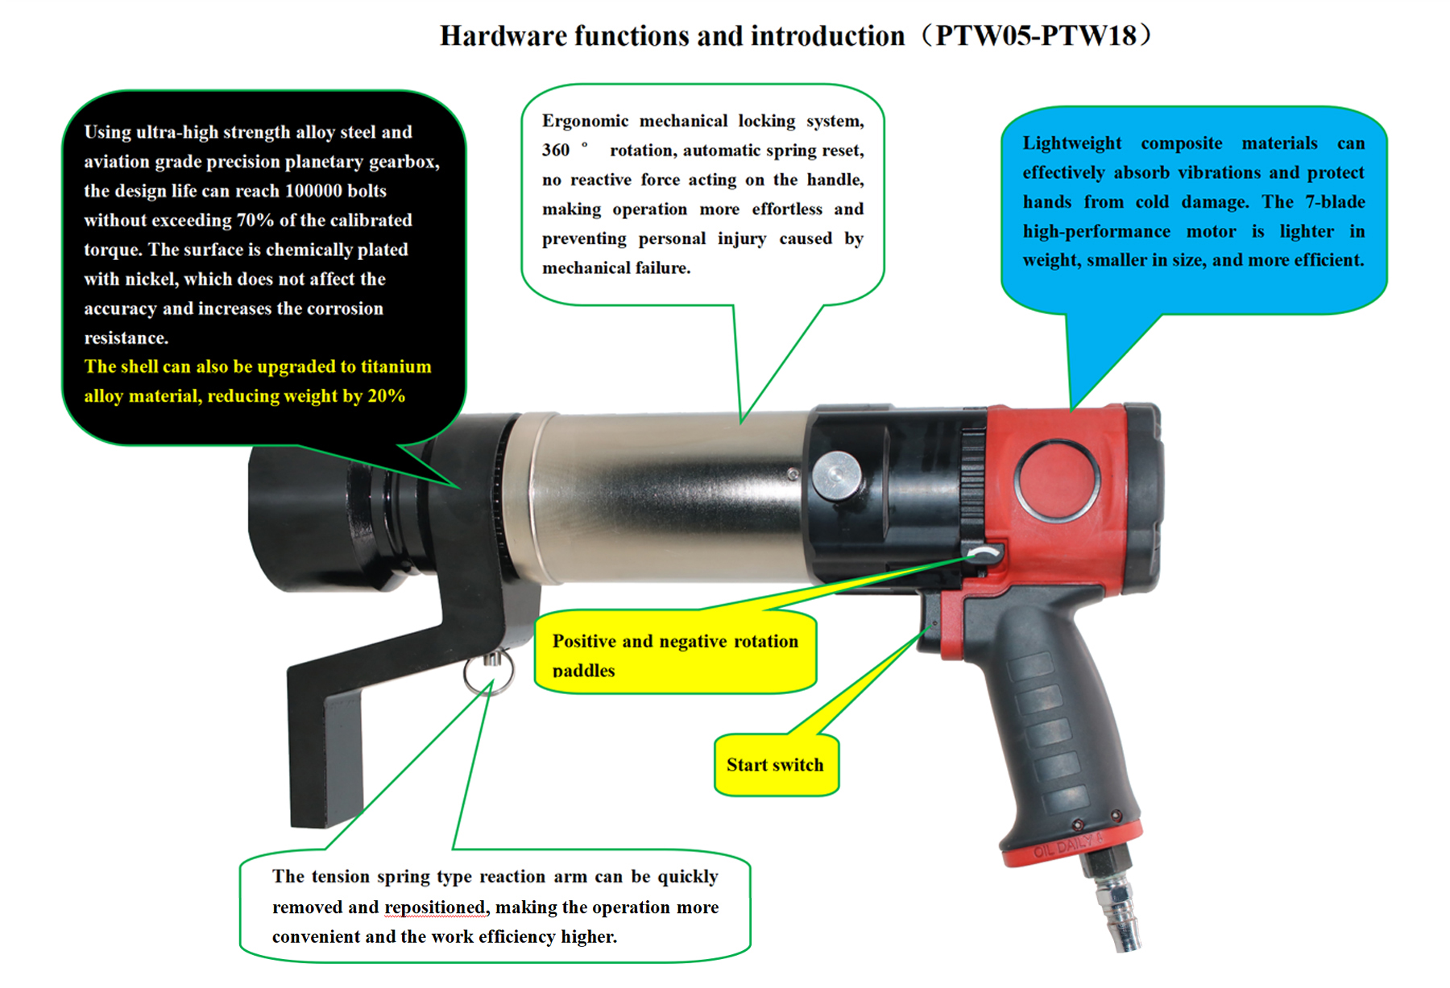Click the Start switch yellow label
[x=777, y=765]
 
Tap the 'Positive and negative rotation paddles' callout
[x=675, y=652]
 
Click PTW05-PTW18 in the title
[x=1036, y=35]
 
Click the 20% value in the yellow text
[x=387, y=396]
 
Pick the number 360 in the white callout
[x=556, y=151]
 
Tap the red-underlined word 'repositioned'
[x=436, y=907]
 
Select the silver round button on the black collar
[x=836, y=475]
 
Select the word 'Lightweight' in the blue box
[x=1071, y=143]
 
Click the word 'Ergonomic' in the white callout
[x=585, y=122]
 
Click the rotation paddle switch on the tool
[x=985, y=553]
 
